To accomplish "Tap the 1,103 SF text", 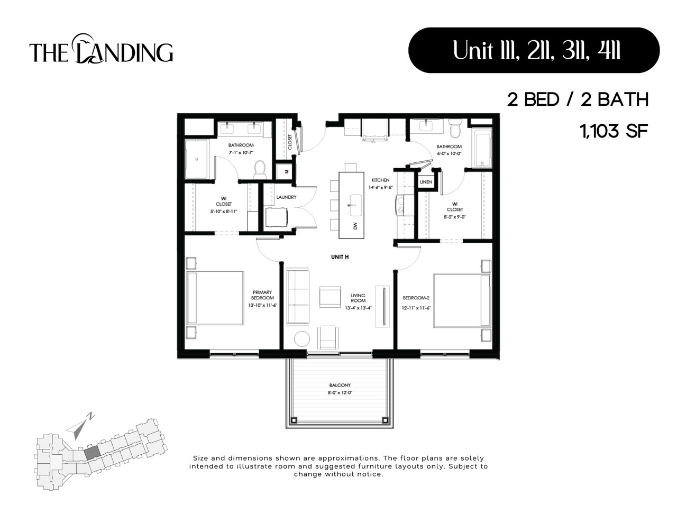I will coord(614,131).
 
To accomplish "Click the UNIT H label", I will coord(340,257).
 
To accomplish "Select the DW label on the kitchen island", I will coord(355,226).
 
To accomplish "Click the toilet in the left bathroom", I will coord(259,168).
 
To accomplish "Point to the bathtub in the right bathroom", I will coord(482,149).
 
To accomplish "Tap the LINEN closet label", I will coord(426,182).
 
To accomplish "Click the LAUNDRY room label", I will coord(286,197).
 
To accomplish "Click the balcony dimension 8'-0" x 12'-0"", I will coord(340,393).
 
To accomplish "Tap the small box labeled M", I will coord(286,171).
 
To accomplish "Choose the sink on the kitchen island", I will coord(355,201).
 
